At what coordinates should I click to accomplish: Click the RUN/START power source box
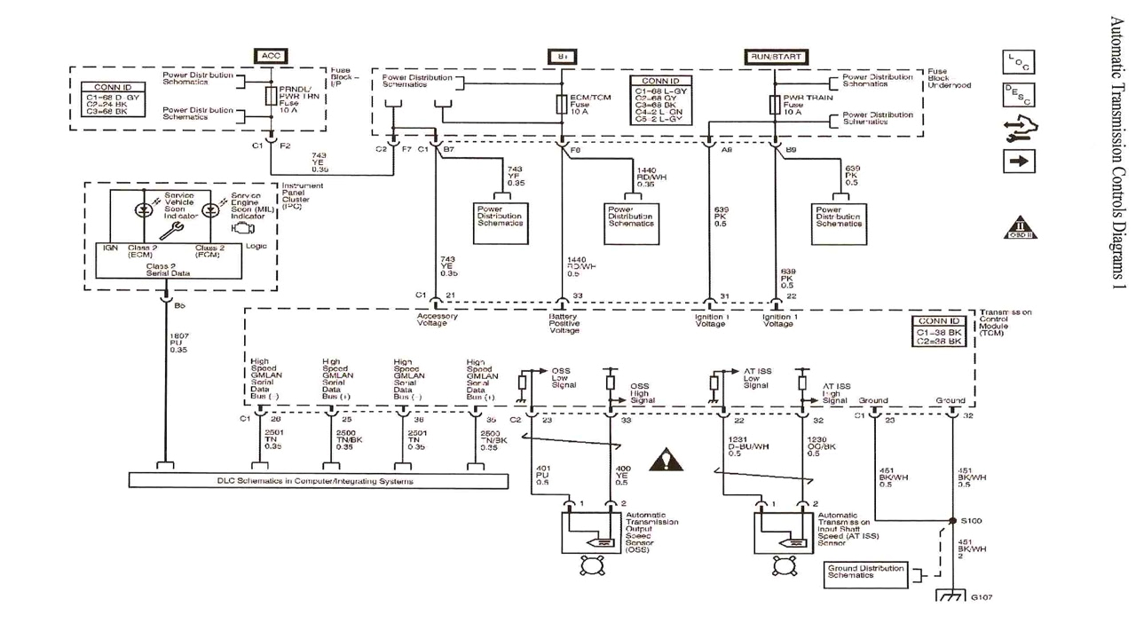point(775,56)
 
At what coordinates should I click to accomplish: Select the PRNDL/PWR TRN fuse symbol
point(272,96)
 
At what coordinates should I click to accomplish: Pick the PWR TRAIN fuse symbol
point(775,104)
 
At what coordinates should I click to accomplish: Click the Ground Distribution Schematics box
point(866,572)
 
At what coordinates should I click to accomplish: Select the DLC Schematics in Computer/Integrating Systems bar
point(319,481)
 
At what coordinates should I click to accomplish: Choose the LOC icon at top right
point(1018,61)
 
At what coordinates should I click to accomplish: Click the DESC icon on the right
point(1018,95)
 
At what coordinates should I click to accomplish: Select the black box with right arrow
point(1018,162)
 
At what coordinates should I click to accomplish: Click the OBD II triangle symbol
point(1021,228)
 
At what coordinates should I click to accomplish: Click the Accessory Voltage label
point(438,319)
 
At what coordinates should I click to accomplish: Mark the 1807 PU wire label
point(178,343)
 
